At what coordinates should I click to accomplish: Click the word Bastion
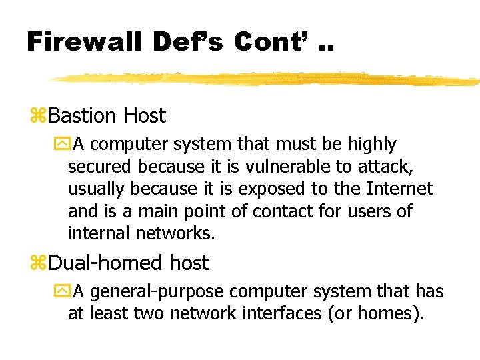click(x=83, y=116)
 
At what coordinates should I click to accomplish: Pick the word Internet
click(x=399, y=189)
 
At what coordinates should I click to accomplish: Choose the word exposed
click(x=266, y=189)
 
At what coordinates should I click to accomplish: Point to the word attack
click(x=402, y=167)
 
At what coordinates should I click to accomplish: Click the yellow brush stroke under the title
click(x=267, y=79)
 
